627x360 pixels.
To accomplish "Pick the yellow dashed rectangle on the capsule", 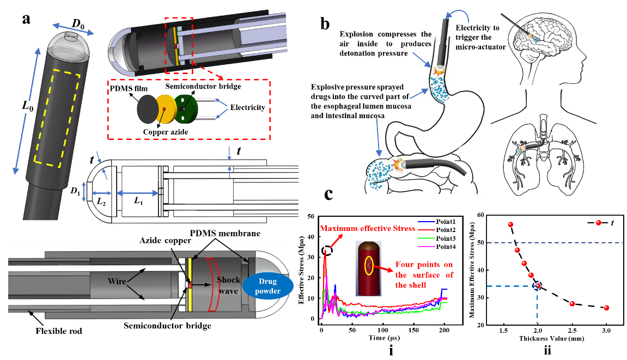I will [57, 118].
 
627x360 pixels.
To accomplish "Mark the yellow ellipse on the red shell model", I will [370, 265].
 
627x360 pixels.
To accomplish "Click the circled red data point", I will [538, 285].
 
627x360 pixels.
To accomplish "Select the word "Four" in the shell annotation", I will [405, 265].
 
